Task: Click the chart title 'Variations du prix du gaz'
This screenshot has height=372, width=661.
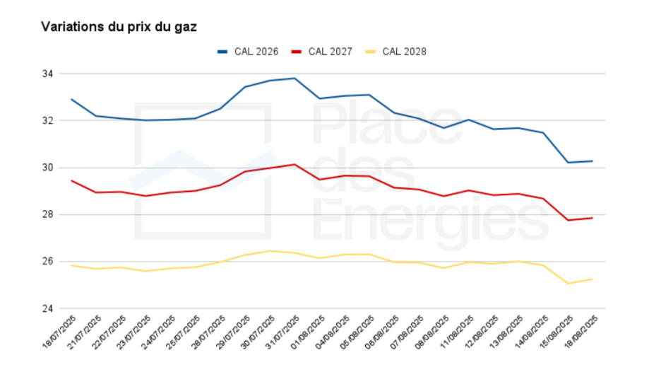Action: point(119,27)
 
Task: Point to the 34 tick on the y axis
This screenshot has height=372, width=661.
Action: point(49,74)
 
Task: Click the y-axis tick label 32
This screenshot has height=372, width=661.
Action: point(49,120)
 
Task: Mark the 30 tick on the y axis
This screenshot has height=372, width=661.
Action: point(49,168)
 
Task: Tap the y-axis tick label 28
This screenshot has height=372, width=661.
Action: point(49,214)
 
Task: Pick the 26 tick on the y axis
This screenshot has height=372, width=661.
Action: point(49,262)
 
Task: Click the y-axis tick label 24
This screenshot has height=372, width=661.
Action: point(49,308)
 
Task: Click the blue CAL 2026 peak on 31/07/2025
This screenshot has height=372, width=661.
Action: point(294,78)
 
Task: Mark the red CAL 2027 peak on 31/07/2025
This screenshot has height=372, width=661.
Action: point(294,164)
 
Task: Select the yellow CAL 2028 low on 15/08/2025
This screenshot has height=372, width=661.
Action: point(568,284)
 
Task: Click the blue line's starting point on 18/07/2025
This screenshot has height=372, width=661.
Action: point(72,99)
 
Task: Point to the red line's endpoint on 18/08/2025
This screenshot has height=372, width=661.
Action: point(592,218)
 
